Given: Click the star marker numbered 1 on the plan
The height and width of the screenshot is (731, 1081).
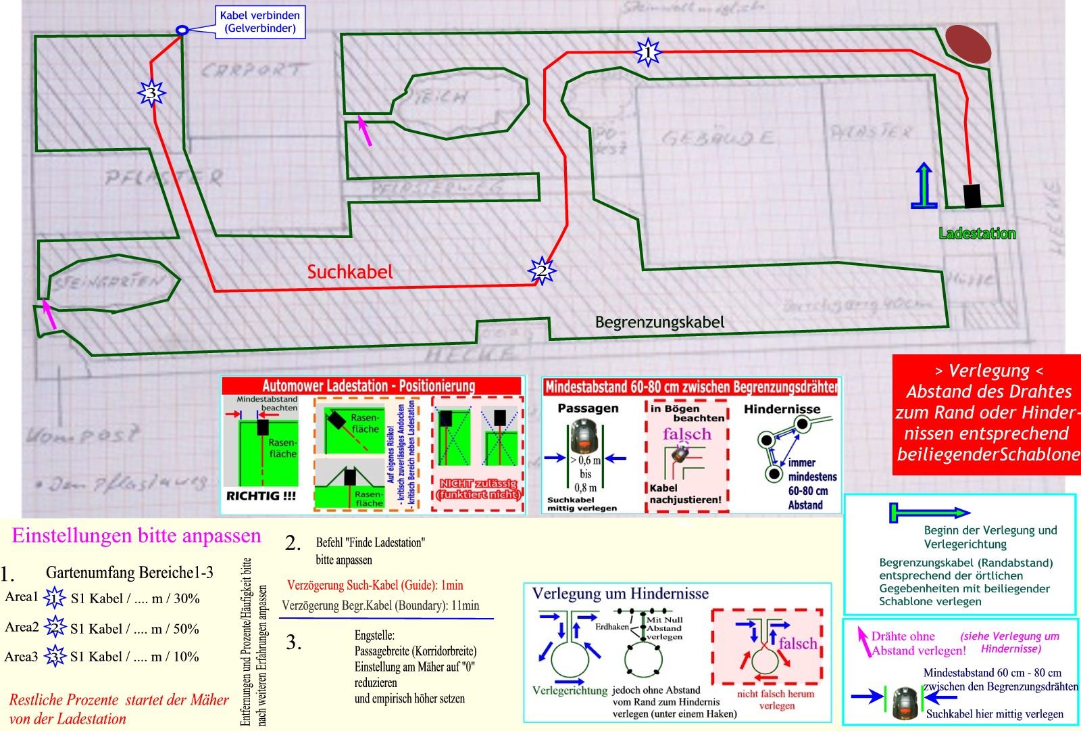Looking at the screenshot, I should coord(648,51).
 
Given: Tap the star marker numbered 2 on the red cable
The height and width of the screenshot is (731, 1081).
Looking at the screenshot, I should coord(541,271).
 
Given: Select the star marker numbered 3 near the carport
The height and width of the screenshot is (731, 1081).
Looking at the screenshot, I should coord(151,93).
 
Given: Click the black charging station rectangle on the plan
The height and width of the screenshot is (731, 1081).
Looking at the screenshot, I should coord(972,196).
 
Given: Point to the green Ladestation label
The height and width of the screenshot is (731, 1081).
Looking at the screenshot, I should coord(977,233).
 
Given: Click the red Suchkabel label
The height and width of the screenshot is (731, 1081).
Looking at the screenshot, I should coord(349,272).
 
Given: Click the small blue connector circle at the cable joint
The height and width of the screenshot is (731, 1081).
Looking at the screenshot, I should coord(182,30).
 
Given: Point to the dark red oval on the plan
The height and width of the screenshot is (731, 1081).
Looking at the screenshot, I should coord(967,45).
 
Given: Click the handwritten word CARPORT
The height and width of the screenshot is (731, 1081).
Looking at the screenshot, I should coord(251,70).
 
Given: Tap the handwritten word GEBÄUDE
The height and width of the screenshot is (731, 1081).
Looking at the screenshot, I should coord(718,139).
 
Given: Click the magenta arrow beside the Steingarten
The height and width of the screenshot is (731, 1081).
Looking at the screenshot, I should coord(49,314).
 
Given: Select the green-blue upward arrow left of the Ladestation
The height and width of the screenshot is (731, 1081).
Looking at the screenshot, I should coord(924,186).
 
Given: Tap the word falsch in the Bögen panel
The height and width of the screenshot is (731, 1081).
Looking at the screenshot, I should coord(686,433).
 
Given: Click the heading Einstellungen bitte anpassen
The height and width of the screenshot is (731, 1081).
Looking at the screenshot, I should coord(136,536).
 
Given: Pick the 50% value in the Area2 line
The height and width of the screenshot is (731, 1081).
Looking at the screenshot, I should coord(186,629).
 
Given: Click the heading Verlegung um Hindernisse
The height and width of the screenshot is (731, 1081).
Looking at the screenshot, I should coord(620,594).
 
